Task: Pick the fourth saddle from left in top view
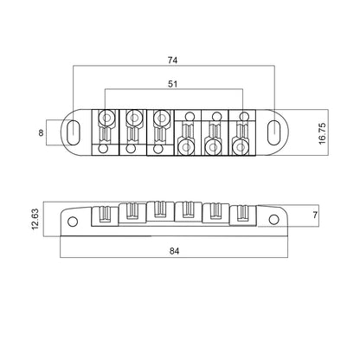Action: point(187,135)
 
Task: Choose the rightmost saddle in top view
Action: point(240,135)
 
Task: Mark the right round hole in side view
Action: point(274,221)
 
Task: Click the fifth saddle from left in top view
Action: point(213,135)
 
